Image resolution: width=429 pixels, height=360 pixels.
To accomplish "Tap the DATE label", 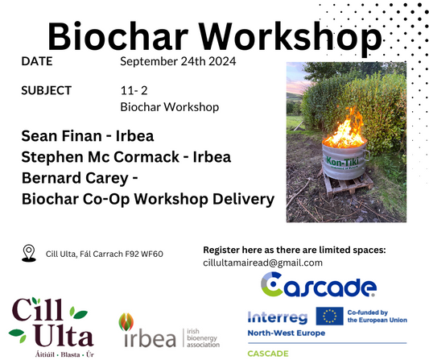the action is pos(37,61).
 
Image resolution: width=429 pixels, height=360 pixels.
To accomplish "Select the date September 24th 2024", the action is pos(178,61).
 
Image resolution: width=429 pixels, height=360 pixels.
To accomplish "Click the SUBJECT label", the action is pos(46,91).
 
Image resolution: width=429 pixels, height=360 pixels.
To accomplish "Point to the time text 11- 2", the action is pos(134,91).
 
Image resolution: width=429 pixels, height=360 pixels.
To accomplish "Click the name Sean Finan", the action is pos(61,136).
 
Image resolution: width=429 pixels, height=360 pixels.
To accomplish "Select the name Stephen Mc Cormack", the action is pos(100,157).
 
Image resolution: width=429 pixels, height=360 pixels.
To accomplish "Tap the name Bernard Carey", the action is pos(75,178).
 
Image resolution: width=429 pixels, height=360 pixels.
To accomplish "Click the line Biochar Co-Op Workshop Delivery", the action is pos(148,199).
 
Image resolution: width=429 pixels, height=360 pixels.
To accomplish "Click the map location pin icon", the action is pos(29,253).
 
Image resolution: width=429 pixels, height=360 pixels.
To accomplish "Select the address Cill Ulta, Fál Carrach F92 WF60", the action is pos(105,254).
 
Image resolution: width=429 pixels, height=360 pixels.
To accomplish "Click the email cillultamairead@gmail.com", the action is pos(262,263).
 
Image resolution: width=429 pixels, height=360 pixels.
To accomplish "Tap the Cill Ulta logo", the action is pos(52,327).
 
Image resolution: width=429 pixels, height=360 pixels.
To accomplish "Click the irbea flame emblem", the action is pos(126,322).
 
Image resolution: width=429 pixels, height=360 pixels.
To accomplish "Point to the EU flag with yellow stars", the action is pos(329,316).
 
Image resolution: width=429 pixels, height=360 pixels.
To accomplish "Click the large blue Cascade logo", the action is pos(319,285).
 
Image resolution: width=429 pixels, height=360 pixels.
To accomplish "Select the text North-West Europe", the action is pos(287,333).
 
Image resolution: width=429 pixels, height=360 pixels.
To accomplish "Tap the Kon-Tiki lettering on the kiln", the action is pos(343,162).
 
